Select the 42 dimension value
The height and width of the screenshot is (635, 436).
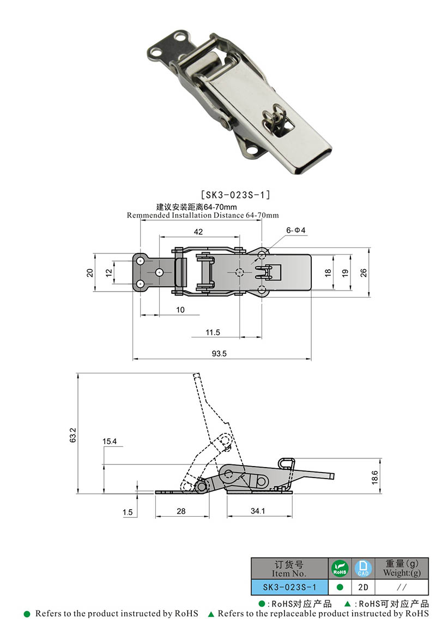point(198,232)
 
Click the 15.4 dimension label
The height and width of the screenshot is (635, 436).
point(110,441)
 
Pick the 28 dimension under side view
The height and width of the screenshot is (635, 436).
point(181,511)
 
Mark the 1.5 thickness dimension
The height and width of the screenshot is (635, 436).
point(128,512)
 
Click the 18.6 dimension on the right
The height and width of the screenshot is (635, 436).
point(373,476)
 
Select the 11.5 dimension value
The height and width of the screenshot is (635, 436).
point(213,332)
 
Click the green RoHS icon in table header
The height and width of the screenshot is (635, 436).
point(340,569)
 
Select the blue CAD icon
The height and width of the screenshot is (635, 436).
point(363,569)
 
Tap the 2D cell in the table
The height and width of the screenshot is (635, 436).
point(363,588)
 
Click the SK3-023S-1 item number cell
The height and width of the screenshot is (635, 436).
point(289,588)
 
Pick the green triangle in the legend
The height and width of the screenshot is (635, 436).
point(211,614)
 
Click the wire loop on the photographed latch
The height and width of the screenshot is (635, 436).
point(274,118)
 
